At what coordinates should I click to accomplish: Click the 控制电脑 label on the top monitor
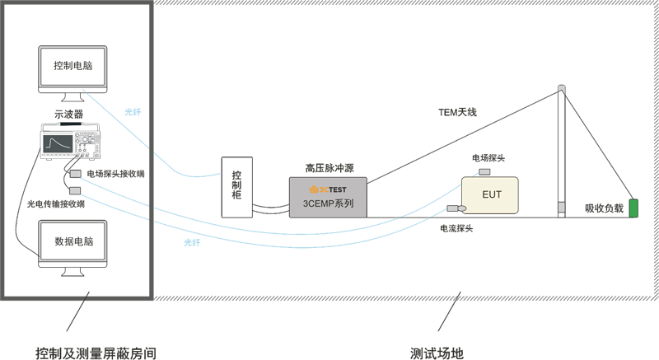(x=73, y=66)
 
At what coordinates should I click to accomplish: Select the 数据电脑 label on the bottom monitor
(x=73, y=242)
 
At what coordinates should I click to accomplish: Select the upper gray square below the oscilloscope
(x=75, y=175)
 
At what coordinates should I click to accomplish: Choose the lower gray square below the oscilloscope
(x=75, y=191)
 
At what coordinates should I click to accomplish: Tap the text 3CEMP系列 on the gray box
(x=328, y=203)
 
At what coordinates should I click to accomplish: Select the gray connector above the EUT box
(x=484, y=172)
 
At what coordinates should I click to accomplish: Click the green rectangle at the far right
(x=633, y=208)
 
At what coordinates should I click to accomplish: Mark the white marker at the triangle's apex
(x=562, y=89)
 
